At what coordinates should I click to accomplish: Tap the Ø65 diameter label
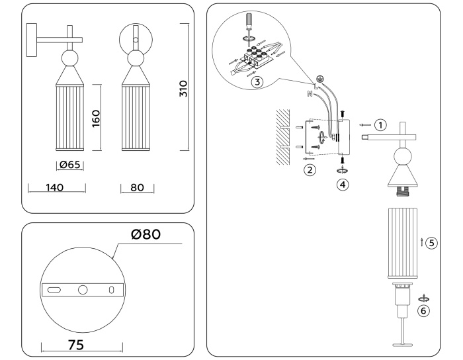click(69, 165)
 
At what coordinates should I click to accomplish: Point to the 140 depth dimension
click(55, 188)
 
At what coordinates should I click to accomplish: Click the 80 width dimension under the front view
click(138, 188)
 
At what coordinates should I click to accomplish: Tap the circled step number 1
click(379, 124)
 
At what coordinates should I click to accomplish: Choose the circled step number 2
click(310, 169)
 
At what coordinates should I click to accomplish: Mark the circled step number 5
click(431, 243)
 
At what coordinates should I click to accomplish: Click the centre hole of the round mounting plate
click(83, 290)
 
